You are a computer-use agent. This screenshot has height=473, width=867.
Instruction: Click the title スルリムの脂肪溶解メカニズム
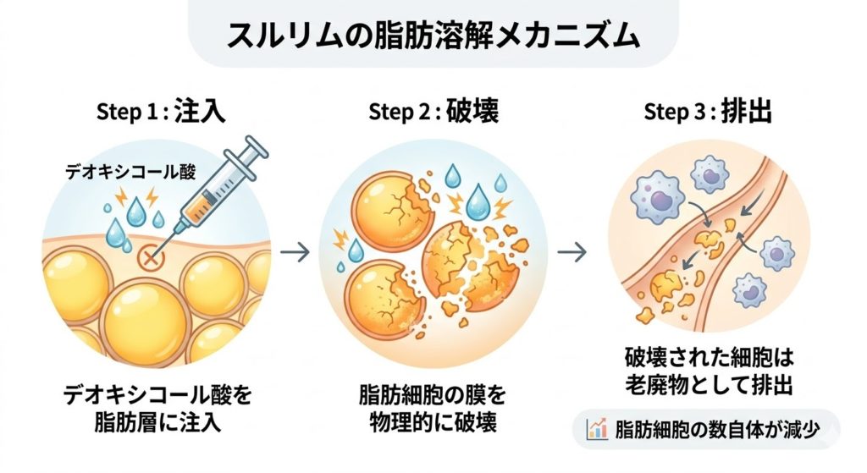(433, 36)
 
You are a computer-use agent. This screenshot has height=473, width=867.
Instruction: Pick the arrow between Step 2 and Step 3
(575, 251)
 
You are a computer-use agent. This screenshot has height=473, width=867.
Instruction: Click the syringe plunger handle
(257, 147)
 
